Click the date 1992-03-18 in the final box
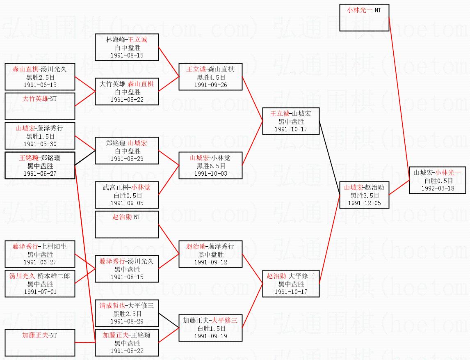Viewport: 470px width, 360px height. (x=438, y=188)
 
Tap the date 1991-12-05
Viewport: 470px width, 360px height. (x=364, y=203)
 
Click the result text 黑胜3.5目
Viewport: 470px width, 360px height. (x=364, y=196)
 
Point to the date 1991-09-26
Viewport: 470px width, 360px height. (x=210, y=85)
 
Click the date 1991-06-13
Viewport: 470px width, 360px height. (x=40, y=85)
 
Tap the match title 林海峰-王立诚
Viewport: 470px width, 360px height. (x=127, y=39)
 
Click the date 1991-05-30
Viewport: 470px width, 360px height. (x=40, y=144)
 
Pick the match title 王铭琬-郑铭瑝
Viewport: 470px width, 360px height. (x=40, y=158)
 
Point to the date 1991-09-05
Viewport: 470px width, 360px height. (x=127, y=203)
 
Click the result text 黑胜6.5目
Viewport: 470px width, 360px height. (x=210, y=166)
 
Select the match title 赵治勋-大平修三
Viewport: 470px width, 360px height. (x=291, y=276)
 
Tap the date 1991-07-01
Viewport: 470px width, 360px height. (x=40, y=291)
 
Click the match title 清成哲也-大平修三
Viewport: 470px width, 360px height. (x=127, y=306)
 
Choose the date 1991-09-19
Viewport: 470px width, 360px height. (x=210, y=336)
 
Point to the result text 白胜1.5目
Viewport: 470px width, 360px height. (x=210, y=328)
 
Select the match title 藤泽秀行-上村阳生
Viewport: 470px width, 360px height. (x=40, y=247)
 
